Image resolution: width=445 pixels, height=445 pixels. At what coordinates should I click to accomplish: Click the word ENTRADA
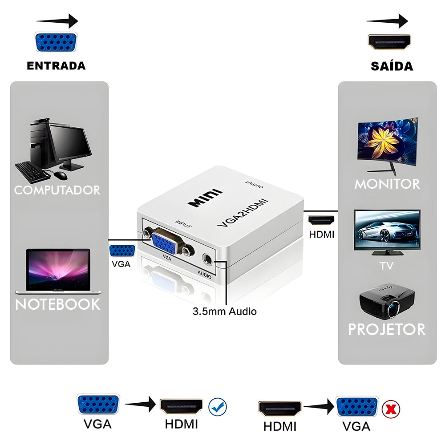tap(56, 66)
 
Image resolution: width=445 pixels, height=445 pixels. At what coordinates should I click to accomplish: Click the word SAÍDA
tap(392, 66)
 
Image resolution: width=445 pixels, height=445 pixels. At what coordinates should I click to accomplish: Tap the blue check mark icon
tap(218, 406)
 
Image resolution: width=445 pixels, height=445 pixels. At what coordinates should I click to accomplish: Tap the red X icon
tap(392, 409)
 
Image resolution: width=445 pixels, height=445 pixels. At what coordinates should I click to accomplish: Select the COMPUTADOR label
tap(57, 190)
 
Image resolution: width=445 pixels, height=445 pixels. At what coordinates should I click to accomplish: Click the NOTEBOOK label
tap(58, 304)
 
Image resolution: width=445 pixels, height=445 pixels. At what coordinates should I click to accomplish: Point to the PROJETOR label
tap(386, 329)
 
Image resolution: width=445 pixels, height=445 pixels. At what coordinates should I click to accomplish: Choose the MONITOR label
tap(387, 183)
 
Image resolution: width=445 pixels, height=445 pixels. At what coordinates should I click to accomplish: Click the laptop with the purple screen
tap(58, 271)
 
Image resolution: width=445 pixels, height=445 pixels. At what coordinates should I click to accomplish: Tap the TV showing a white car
tap(387, 230)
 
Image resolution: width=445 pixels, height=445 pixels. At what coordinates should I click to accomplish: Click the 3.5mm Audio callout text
tap(224, 311)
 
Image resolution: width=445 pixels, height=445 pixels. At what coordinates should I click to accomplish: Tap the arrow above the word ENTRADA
tap(57, 20)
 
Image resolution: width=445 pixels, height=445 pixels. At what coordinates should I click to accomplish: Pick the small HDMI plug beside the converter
tap(321, 220)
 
